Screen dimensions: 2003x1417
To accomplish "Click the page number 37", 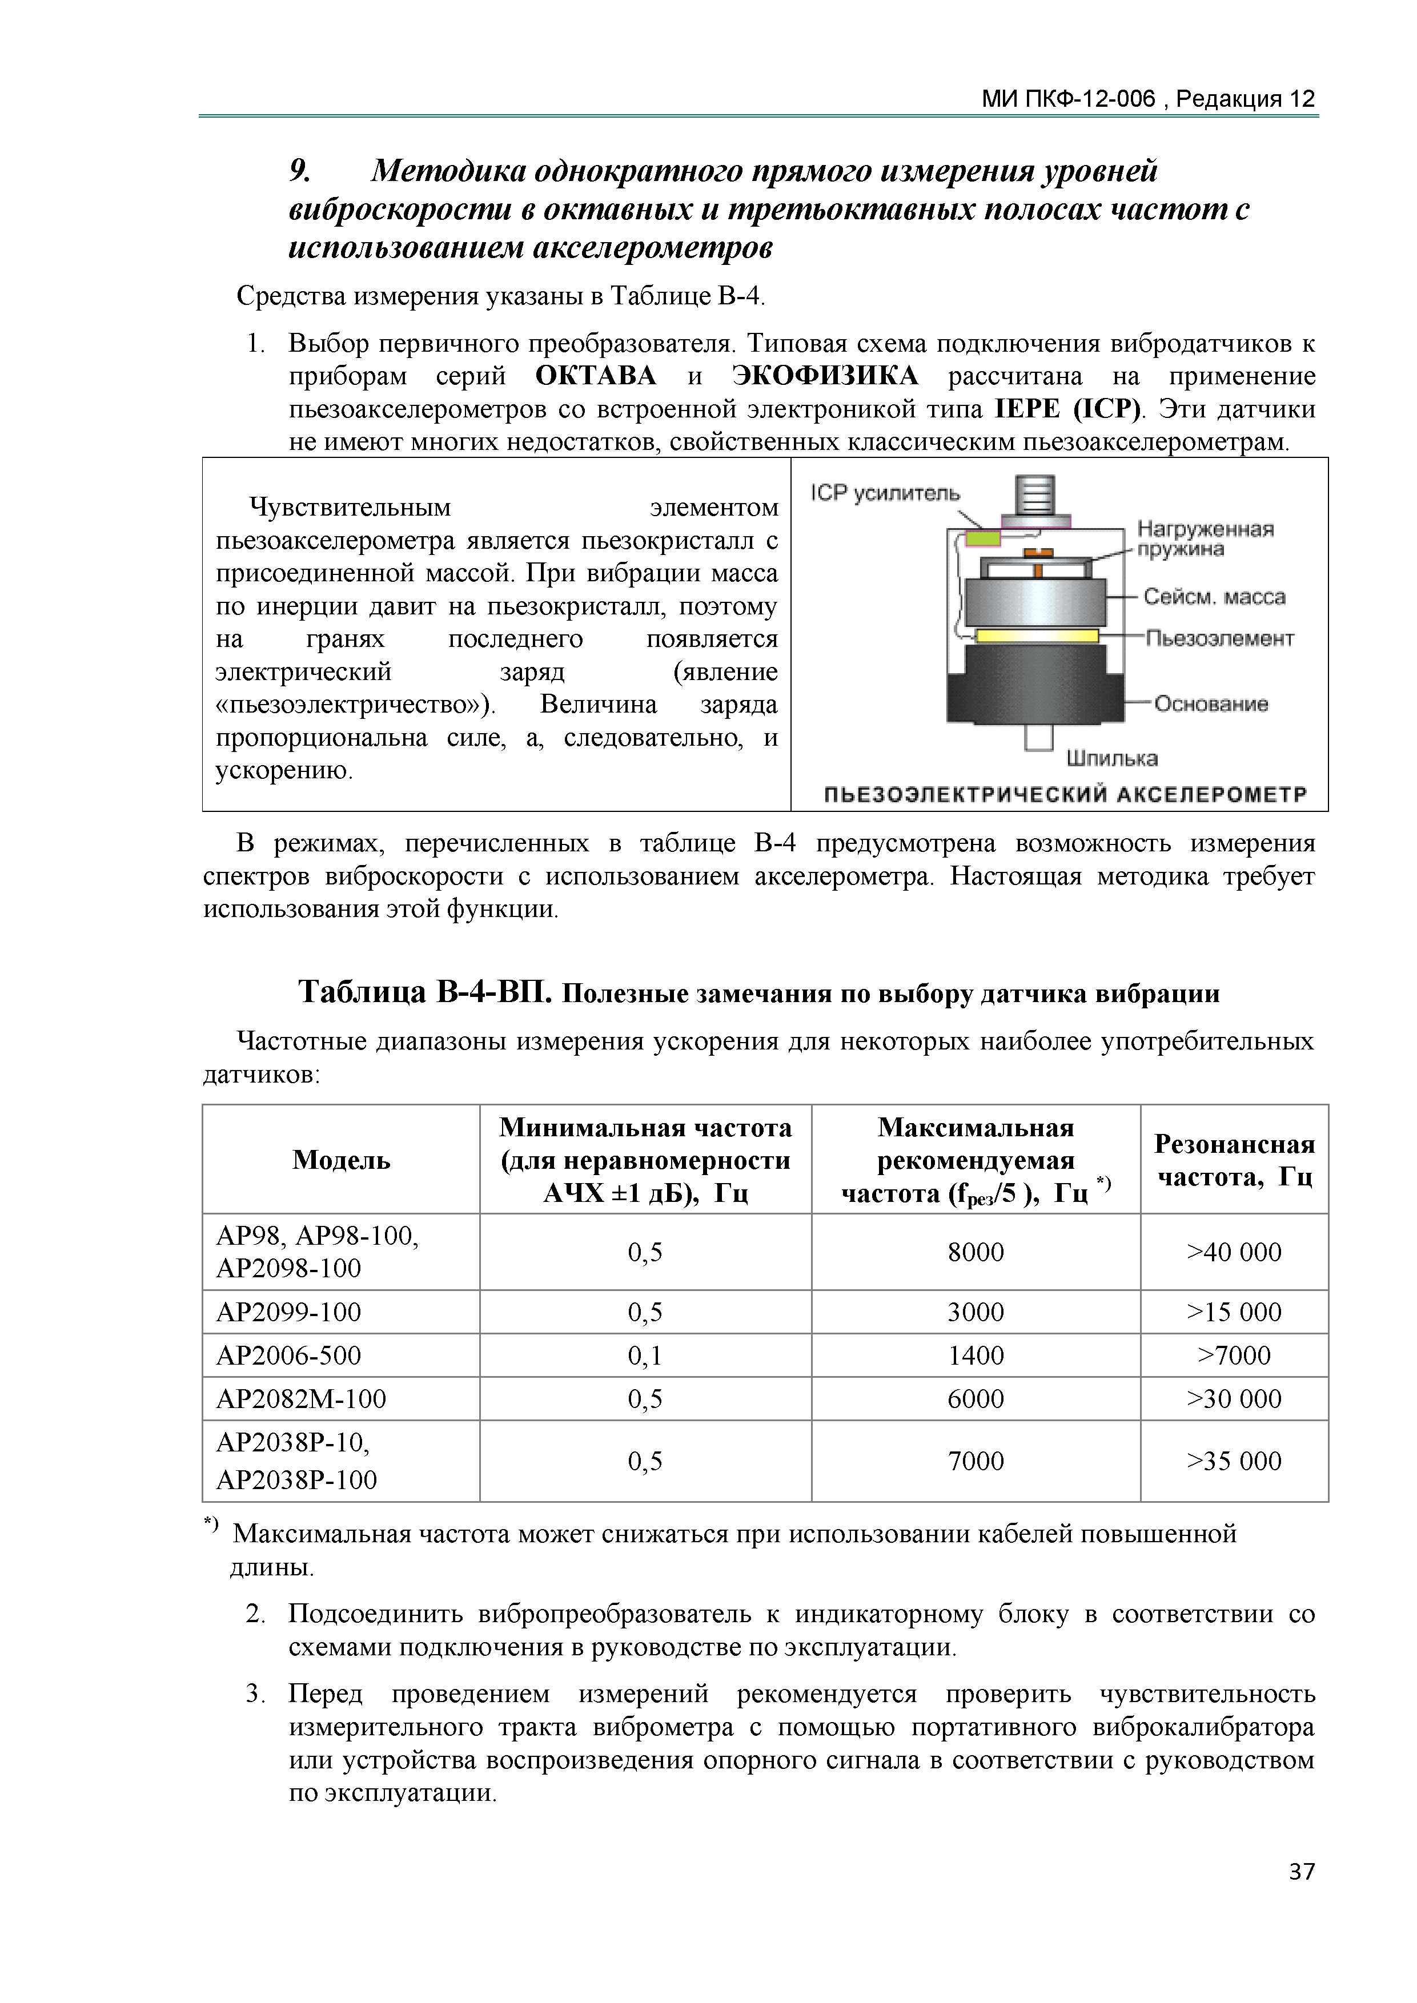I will (1301, 1871).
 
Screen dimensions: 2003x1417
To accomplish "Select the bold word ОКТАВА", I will (595, 376).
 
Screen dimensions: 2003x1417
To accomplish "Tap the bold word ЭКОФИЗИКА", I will (825, 376).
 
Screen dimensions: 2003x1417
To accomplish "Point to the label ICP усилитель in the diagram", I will (884, 493).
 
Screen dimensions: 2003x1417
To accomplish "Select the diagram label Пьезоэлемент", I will (1219, 638).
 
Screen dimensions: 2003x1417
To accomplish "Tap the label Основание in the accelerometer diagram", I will (1210, 704).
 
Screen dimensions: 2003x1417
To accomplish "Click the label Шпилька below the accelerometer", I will (1111, 758).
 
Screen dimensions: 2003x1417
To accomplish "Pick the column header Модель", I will (341, 1160).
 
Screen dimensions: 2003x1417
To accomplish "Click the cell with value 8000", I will (976, 1252).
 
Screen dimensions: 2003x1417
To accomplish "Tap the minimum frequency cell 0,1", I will (645, 1355).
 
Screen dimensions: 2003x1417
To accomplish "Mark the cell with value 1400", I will (976, 1355).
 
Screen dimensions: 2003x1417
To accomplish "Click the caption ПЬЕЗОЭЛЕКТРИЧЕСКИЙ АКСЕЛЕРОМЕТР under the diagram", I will (1065, 795).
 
